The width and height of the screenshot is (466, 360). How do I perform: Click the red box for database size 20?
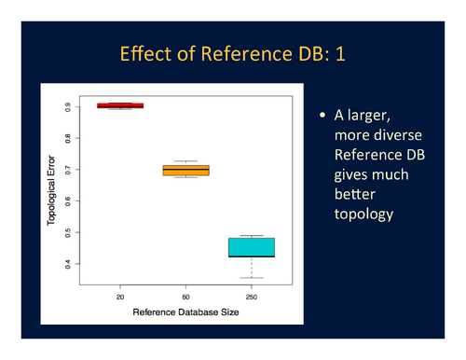point(120,105)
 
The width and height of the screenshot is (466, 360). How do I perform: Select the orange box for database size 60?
point(186,170)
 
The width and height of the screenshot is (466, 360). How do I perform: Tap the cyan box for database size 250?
point(252,246)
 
